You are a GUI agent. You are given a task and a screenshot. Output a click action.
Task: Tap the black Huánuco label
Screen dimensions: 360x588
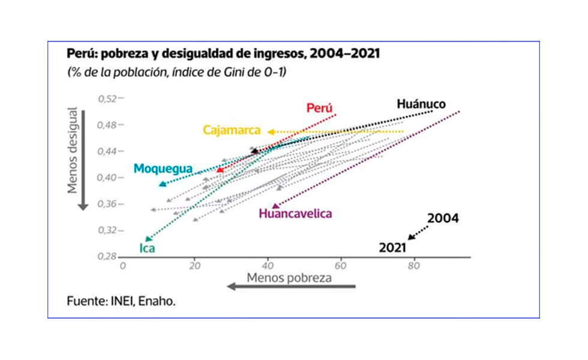coord(421,104)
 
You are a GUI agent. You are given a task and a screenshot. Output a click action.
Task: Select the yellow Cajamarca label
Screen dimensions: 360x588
coord(231,130)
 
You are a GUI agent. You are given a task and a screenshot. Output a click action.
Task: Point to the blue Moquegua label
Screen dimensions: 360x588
coord(163,169)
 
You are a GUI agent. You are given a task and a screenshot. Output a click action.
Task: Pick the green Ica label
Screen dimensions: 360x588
coord(147,248)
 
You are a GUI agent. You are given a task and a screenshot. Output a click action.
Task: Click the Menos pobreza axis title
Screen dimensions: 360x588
coord(289,278)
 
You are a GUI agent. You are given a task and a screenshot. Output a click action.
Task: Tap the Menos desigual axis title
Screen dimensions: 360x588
coord(73,151)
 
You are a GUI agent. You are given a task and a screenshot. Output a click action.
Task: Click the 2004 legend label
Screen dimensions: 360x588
coord(443,218)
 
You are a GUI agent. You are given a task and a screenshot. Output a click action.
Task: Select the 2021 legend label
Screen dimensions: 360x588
coord(392,247)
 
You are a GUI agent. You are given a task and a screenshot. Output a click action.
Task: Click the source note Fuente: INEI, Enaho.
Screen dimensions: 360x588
coord(121,302)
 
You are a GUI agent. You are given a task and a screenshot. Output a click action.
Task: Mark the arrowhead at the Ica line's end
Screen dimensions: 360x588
coord(147,239)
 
